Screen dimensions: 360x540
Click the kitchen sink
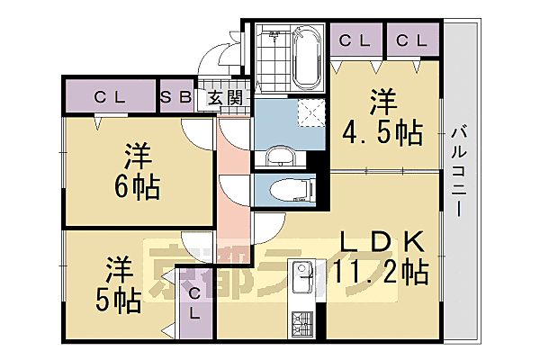tap(300, 271)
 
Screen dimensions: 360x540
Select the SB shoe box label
tap(176, 97)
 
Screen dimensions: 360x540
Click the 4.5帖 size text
tap(382, 133)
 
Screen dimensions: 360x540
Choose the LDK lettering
tap(381, 242)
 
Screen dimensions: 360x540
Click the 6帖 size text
tap(137, 187)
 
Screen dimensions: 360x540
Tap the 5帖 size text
tap(118, 299)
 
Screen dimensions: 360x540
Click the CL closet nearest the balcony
tap(412, 41)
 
